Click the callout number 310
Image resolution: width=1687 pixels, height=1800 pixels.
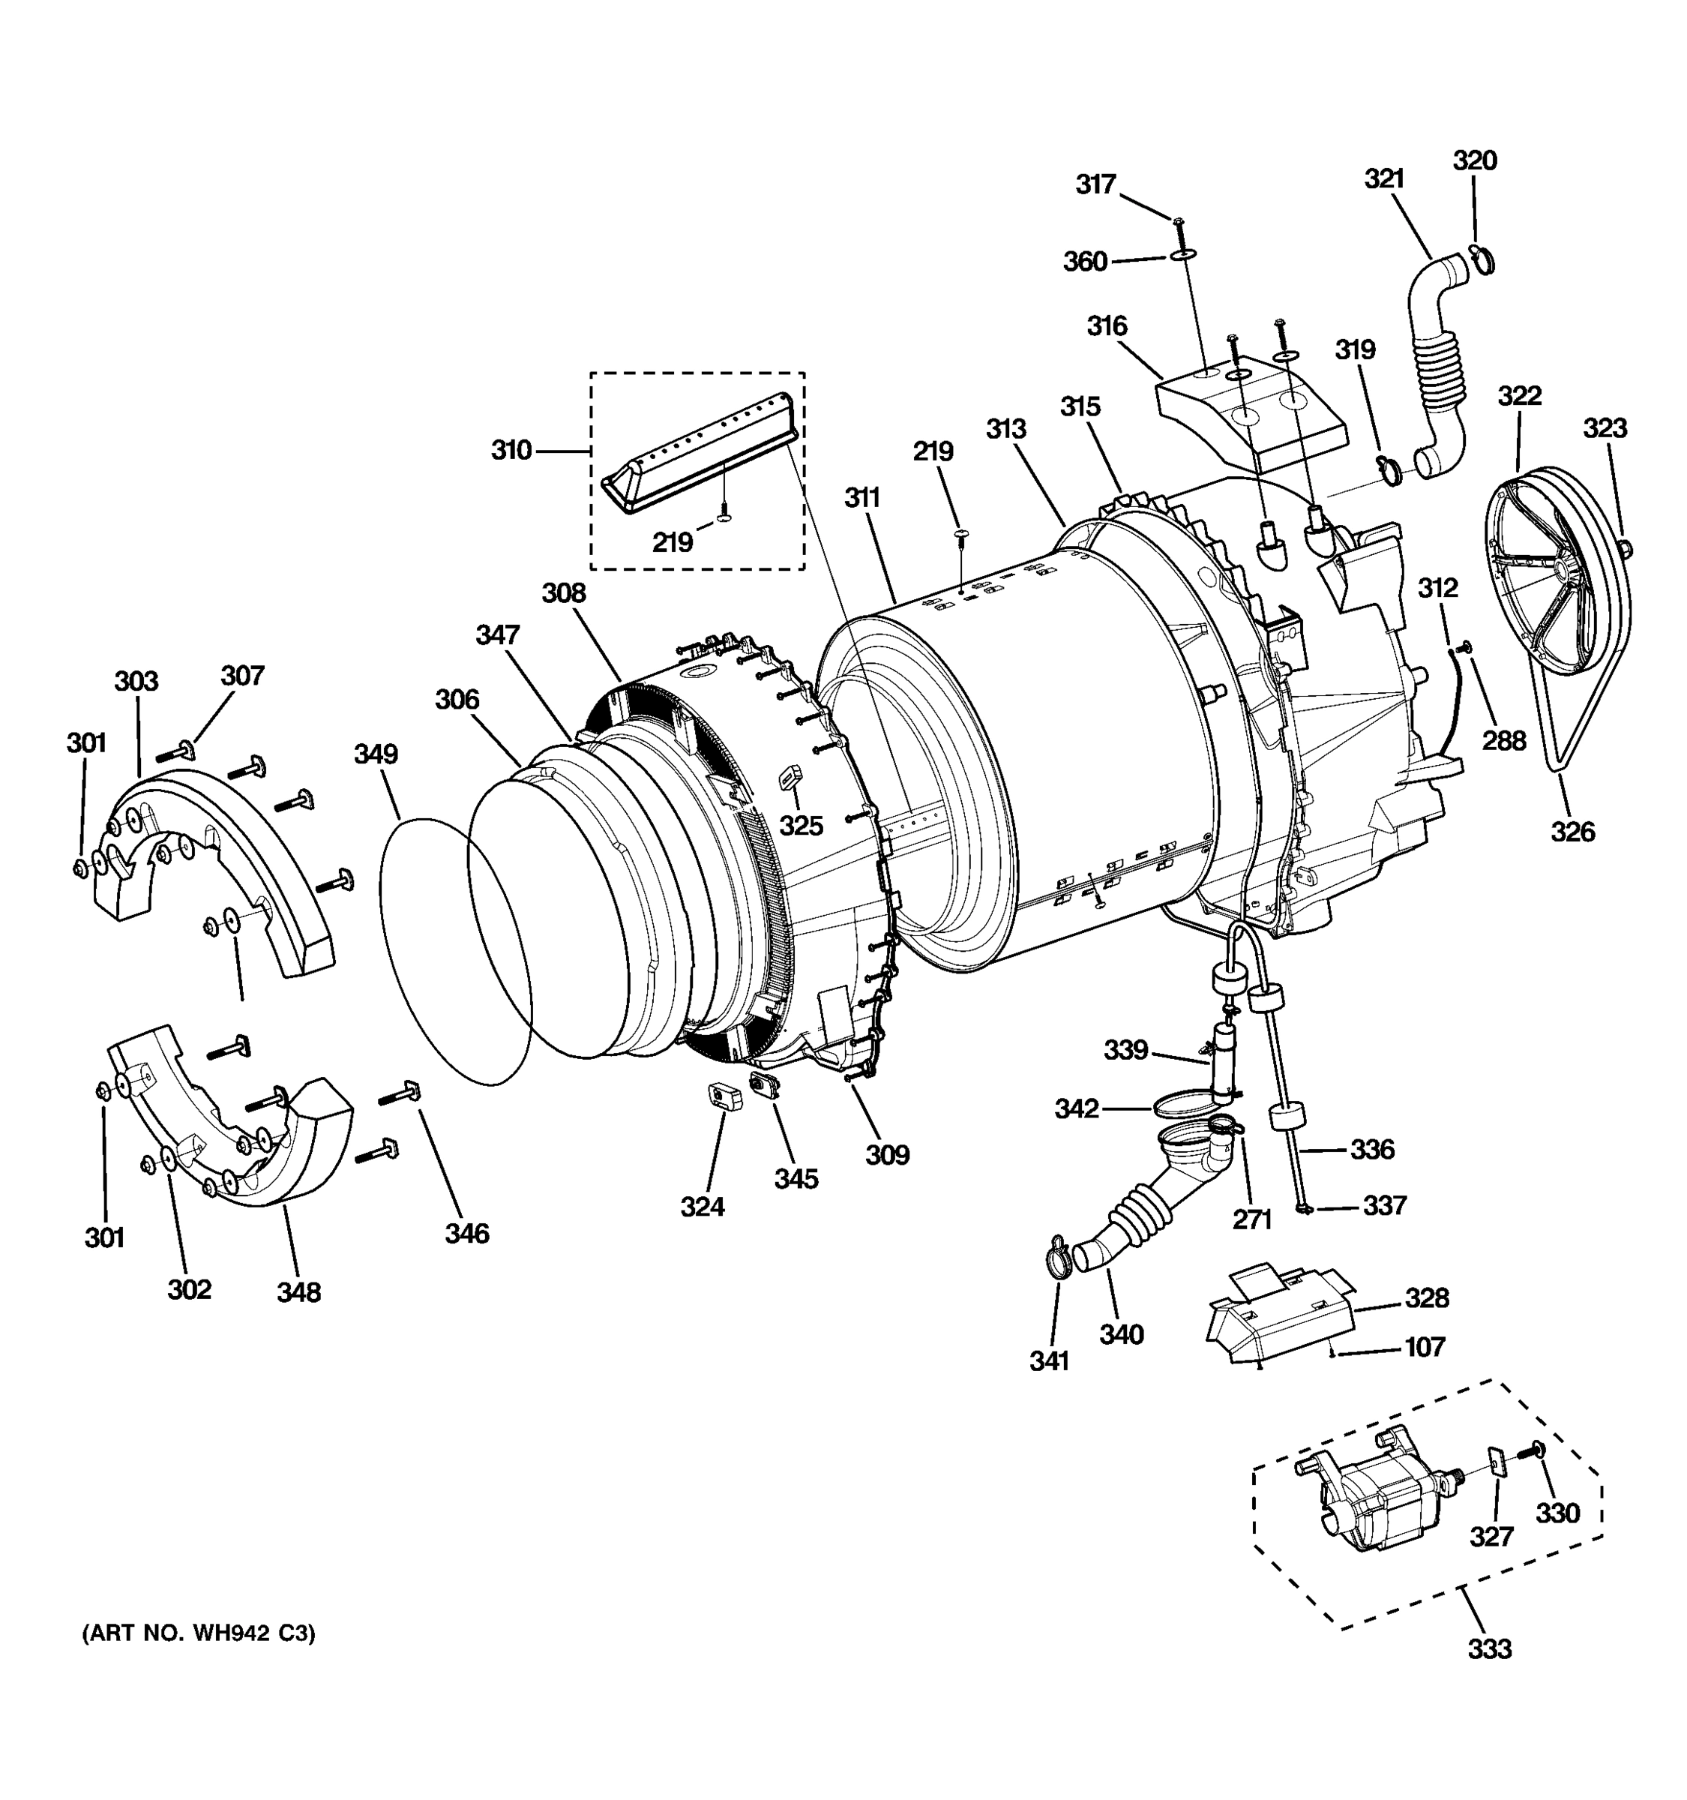tap(511, 450)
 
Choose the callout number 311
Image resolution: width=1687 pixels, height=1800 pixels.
tap(862, 497)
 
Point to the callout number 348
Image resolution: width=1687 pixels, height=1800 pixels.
tap(298, 1292)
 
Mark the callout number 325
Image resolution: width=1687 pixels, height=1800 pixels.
tap(801, 825)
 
